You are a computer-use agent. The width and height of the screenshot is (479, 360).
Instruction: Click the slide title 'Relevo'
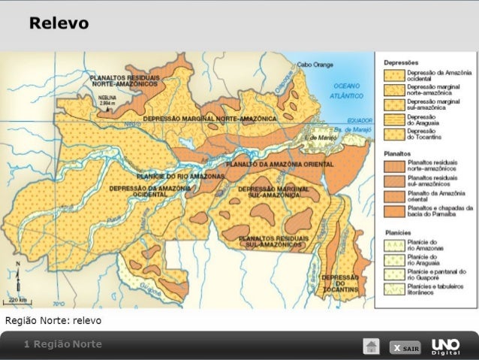(x=59, y=24)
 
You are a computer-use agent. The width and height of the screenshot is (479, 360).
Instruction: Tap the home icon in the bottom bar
(x=371, y=346)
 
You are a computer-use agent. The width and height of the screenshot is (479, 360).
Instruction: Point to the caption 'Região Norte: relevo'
(x=53, y=320)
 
